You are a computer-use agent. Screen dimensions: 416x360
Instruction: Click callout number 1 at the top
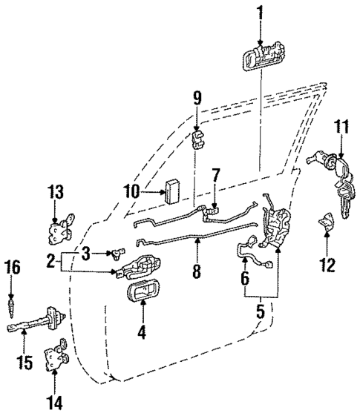(261, 12)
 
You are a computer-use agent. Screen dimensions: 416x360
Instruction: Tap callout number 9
(197, 97)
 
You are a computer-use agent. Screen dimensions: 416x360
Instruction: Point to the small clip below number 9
(198, 139)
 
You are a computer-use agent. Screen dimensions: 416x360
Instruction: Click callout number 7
(215, 176)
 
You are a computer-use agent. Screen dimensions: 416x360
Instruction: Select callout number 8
(197, 271)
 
